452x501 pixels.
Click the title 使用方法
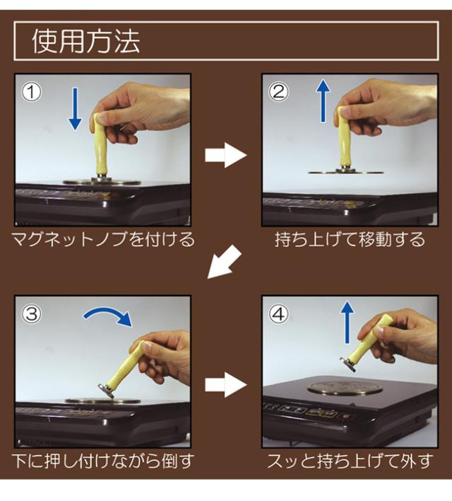click(x=86, y=42)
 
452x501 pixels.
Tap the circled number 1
click(x=31, y=92)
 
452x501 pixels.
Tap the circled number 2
click(x=278, y=92)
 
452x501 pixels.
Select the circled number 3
click(x=31, y=313)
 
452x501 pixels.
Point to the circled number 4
click(x=278, y=313)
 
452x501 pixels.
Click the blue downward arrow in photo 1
click(x=76, y=109)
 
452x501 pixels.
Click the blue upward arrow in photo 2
click(x=323, y=101)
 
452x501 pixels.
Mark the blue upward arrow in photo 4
click(x=347, y=323)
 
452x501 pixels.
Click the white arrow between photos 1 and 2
click(x=226, y=155)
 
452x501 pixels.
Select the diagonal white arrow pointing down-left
click(x=225, y=262)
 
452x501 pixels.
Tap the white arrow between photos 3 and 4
click(x=226, y=385)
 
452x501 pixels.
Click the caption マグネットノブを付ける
click(x=103, y=239)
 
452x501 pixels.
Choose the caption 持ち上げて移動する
click(x=350, y=239)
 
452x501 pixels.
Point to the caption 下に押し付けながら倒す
click(x=103, y=461)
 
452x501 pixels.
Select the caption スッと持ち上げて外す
click(x=350, y=461)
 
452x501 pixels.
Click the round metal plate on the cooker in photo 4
click(x=345, y=388)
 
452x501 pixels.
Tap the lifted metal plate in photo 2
click(x=346, y=173)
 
